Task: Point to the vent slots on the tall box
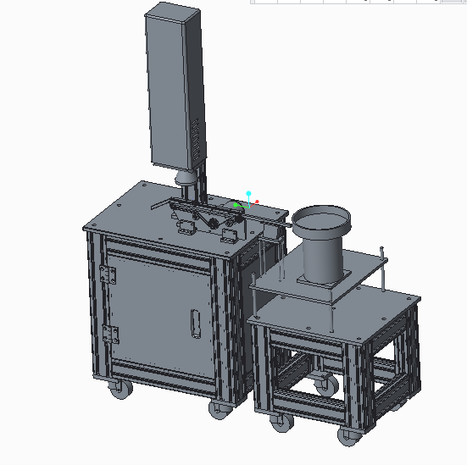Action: pyautogui.click(x=198, y=136)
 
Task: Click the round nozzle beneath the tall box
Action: pyautogui.click(x=183, y=178)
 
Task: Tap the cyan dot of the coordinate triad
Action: pyautogui.click(x=248, y=194)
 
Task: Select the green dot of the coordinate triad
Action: pyautogui.click(x=236, y=205)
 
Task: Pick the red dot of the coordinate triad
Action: pyautogui.click(x=257, y=202)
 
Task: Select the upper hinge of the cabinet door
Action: pyautogui.click(x=107, y=275)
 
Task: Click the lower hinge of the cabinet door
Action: pyautogui.click(x=107, y=335)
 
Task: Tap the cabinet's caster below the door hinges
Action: pyautogui.click(x=119, y=390)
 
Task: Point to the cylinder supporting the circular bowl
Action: pyautogui.click(x=321, y=258)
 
